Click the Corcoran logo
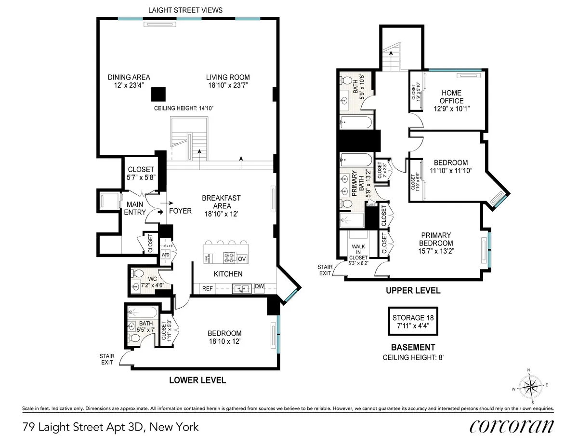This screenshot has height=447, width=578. [x=512, y=427]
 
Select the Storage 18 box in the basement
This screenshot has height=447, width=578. [x=413, y=321]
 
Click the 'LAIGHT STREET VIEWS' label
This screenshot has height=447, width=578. [x=185, y=10]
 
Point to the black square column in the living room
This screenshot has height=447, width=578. [x=158, y=94]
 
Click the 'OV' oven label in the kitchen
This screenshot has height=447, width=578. [x=242, y=258]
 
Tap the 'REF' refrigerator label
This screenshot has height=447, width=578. [x=207, y=288]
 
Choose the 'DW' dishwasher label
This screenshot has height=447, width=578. [x=259, y=286]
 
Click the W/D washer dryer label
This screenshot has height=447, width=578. [x=165, y=255]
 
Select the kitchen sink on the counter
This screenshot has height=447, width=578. [x=239, y=288]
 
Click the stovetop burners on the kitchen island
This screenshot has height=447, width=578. [x=229, y=257]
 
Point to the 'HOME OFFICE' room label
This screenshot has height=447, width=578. [x=451, y=97]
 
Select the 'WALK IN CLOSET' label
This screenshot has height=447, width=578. [x=358, y=251]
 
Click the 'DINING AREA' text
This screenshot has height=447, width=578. [x=129, y=81]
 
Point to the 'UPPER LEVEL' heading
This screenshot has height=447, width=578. [x=412, y=291]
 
